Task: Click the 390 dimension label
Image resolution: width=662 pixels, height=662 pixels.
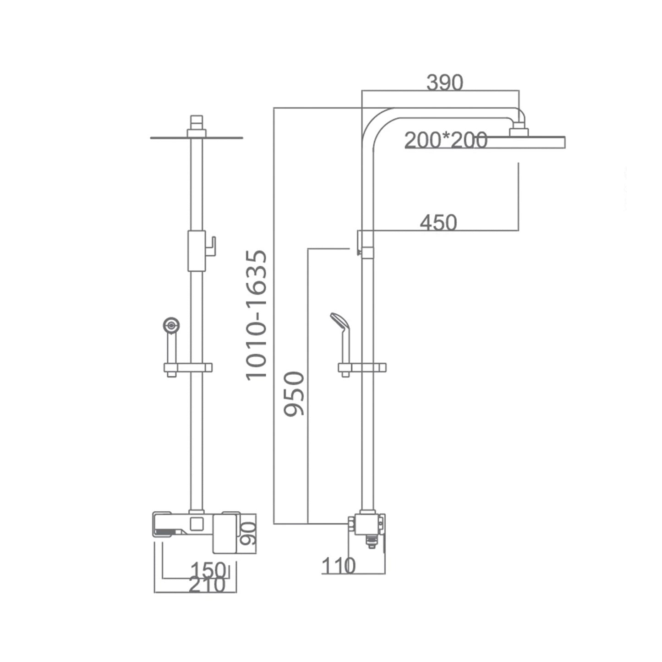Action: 444,83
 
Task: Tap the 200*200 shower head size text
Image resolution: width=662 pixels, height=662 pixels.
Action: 446,140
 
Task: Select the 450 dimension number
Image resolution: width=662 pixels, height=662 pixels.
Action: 438,222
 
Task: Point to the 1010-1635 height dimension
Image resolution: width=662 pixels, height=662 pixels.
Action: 256,315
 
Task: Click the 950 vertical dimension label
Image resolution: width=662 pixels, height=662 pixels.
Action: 294,394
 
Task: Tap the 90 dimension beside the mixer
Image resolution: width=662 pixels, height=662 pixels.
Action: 248,534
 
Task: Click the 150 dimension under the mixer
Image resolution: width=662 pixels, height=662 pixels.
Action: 208,571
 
